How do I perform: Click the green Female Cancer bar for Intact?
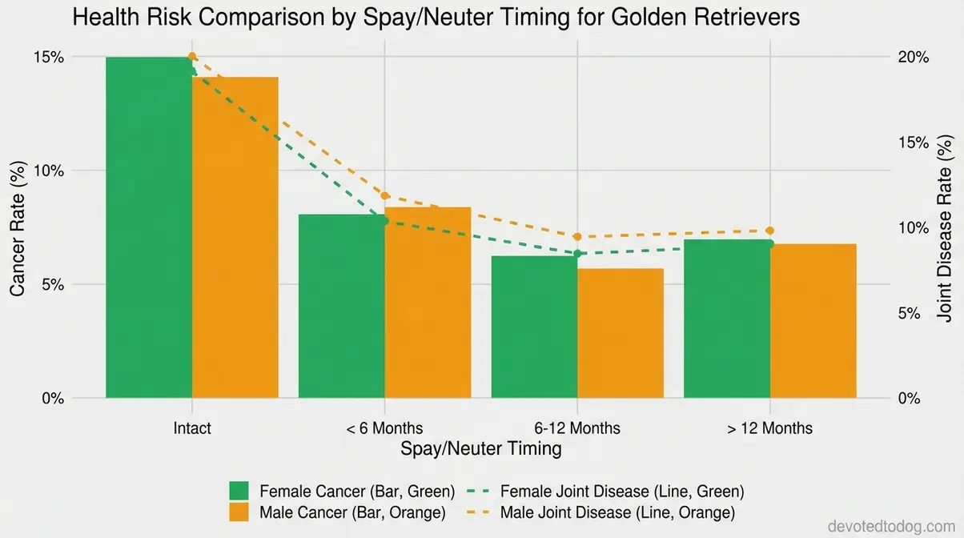point(149,227)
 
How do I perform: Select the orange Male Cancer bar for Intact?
point(235,238)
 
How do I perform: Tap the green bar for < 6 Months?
point(342,306)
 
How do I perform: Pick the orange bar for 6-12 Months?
point(621,333)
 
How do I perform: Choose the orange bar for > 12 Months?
point(813,321)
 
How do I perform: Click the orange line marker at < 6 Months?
point(385,195)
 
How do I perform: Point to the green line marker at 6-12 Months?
point(577,253)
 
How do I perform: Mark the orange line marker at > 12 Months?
point(770,231)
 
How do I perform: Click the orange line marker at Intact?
point(192,57)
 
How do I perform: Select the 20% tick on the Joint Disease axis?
point(914,57)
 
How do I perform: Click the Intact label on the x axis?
point(192,428)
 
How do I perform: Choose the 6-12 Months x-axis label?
point(577,428)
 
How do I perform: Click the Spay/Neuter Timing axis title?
point(480,448)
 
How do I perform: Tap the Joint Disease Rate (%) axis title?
point(946,228)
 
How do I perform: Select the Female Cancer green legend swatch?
point(239,491)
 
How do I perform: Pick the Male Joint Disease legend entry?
point(617,511)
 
